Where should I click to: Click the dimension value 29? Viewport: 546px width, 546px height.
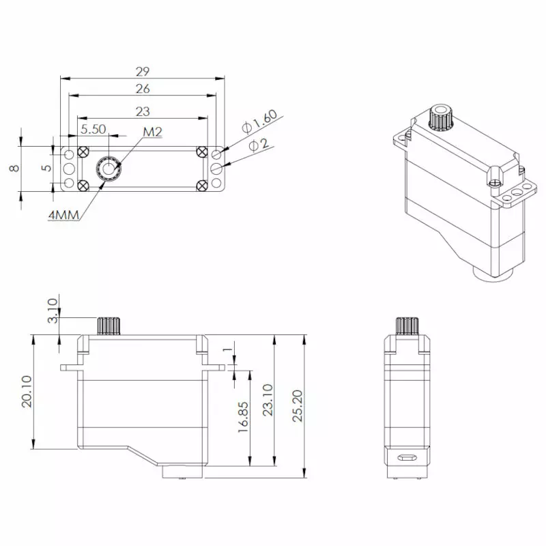tap(143, 71)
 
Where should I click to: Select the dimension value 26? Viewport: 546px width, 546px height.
tap(143, 89)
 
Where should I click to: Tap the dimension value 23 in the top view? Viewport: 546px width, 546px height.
tap(143, 111)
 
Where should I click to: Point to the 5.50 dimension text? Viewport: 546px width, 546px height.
tap(94, 128)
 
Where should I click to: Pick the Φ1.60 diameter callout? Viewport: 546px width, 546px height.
tap(259, 122)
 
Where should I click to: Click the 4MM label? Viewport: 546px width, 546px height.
tap(64, 215)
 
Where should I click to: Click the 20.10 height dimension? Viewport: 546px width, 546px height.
tap(27, 392)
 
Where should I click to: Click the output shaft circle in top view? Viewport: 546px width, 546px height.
tap(108, 167)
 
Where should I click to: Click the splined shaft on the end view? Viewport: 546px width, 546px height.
tap(406, 326)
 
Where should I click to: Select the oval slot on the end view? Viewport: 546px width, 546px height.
tap(407, 457)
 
